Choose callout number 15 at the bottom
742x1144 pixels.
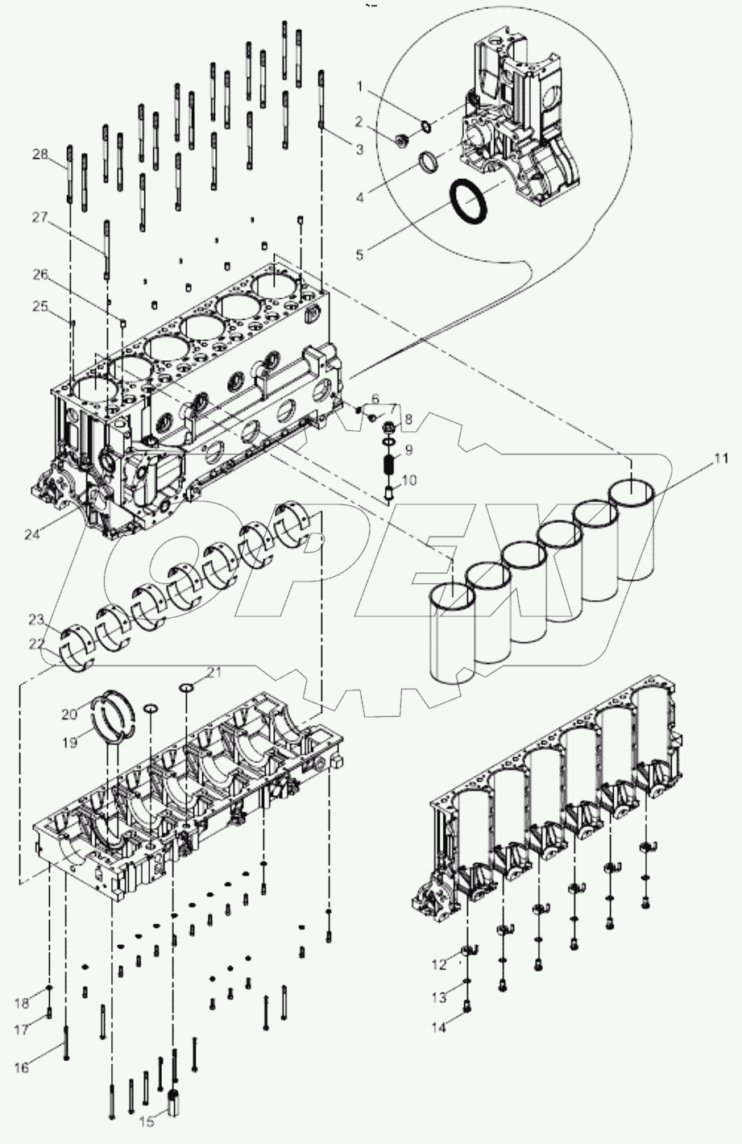[x=147, y=1121]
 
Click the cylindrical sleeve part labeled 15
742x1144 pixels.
[x=172, y=1102]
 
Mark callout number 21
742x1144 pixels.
[x=213, y=672]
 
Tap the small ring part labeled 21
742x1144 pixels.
[x=185, y=686]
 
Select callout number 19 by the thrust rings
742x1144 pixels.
[x=71, y=743]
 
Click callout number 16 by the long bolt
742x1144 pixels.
[x=21, y=1067]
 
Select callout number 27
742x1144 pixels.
[x=40, y=216]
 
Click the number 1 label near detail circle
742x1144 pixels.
[x=360, y=85]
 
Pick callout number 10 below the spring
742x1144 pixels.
[x=408, y=480]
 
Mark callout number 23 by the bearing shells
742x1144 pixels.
[x=35, y=620]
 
